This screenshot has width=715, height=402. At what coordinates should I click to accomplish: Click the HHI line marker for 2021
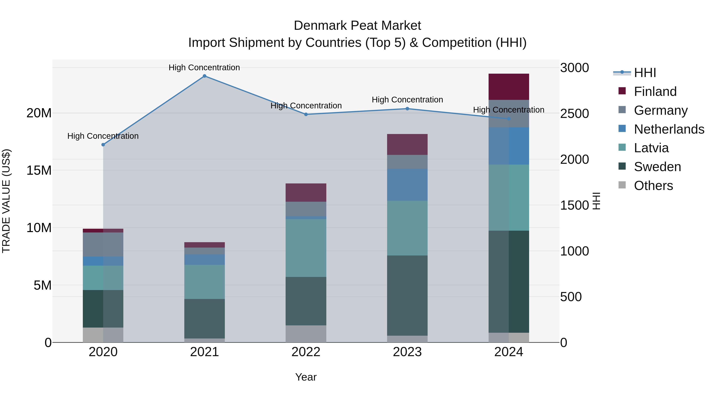204,76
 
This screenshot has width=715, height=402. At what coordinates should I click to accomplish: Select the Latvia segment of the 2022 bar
306,248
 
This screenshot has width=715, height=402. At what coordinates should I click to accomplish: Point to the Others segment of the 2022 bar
306,334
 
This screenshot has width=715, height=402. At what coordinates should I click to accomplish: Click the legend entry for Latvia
651,148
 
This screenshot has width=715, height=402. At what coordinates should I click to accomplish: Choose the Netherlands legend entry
669,129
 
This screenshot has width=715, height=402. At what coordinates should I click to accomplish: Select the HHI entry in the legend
645,73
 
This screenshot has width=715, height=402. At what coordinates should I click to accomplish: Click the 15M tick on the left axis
39,170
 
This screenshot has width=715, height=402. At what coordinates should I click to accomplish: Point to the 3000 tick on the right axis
574,68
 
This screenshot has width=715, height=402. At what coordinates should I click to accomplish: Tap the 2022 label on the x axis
306,352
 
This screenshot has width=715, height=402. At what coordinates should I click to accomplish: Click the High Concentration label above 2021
204,67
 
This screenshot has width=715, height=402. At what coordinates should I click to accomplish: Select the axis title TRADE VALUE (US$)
6,201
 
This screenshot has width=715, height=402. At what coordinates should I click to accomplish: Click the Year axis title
306,377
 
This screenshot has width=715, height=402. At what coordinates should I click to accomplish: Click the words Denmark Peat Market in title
357,26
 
